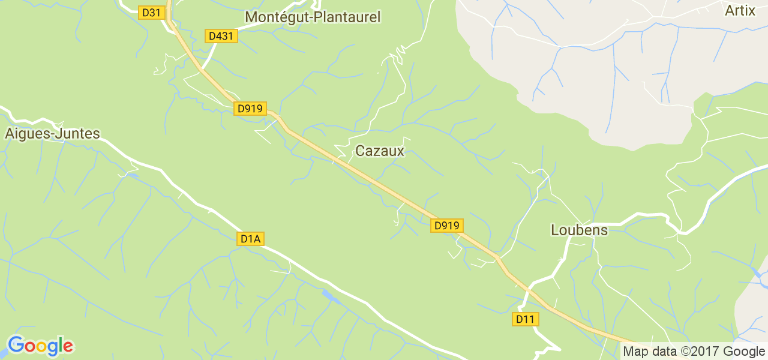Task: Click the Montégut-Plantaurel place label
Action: pos(313,17)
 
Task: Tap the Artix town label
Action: pos(739,10)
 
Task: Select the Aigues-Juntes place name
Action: pos(52,134)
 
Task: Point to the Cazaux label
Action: pos(380,151)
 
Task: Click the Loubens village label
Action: pos(579,230)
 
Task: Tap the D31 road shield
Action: pos(152,12)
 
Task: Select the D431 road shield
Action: pos(221,36)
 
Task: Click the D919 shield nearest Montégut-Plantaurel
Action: pos(250,109)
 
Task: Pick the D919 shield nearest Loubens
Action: pos(446,226)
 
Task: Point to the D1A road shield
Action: pos(250,239)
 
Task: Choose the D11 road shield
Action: pos(525,319)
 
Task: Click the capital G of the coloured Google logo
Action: pos(16,345)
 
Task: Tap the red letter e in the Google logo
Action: pos(67,346)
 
